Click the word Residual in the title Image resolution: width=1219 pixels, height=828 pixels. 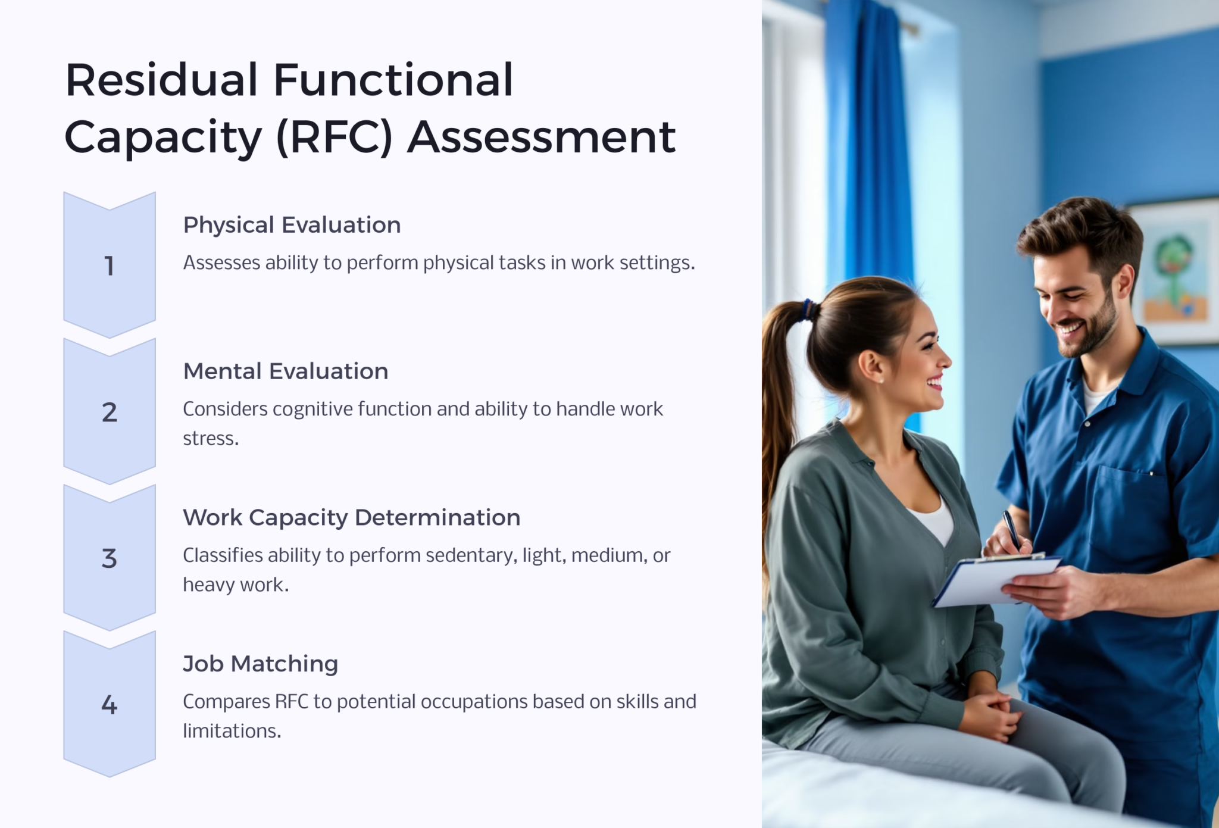[161, 80]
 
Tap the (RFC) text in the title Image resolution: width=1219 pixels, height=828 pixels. [335, 138]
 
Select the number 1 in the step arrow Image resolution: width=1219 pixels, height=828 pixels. [110, 265]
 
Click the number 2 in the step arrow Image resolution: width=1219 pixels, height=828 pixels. [110, 412]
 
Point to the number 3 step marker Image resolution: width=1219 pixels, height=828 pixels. [110, 558]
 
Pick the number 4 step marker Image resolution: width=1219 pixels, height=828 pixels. [110, 705]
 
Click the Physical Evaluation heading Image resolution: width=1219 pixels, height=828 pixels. [292, 225]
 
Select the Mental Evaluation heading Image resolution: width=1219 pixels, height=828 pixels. [286, 371]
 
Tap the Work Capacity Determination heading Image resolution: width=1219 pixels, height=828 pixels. [352, 518]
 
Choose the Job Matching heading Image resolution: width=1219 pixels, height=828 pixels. [261, 664]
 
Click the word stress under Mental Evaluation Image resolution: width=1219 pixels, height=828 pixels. [211, 439]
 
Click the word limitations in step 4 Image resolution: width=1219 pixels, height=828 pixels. [232, 731]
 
